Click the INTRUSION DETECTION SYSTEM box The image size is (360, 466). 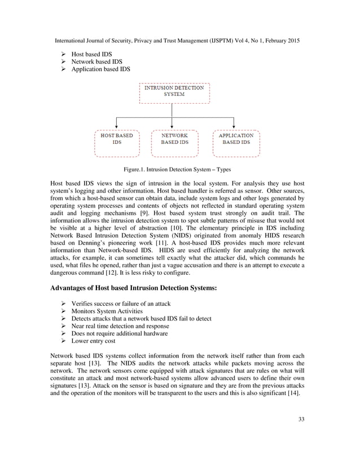pos(173,93)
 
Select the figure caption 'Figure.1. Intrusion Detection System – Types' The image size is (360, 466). pos(174,169)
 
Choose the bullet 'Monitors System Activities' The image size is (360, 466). pos(107,311)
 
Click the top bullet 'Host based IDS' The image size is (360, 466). pos(91,54)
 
